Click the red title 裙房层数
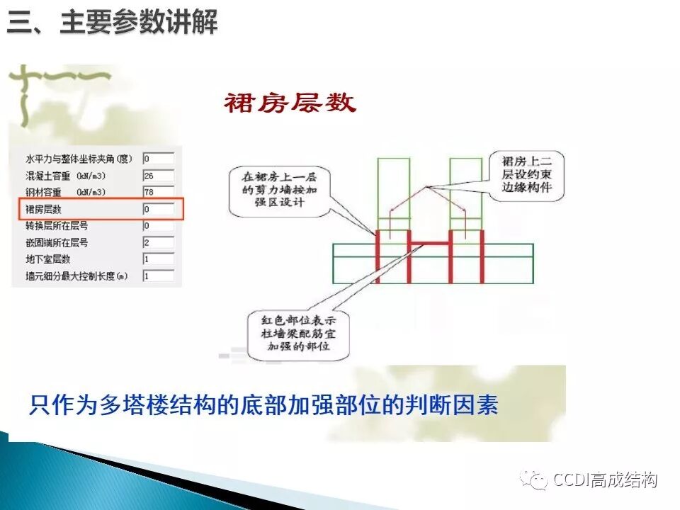coord(290,103)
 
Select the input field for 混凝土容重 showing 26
coord(158,175)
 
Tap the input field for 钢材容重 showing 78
coord(158,192)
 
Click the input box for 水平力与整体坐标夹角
coord(158,158)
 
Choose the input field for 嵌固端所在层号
coord(158,242)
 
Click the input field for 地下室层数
coord(158,259)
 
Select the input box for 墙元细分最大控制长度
coord(158,276)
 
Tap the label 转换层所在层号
coord(57,226)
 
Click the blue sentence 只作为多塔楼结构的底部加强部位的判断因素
coord(263,404)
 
